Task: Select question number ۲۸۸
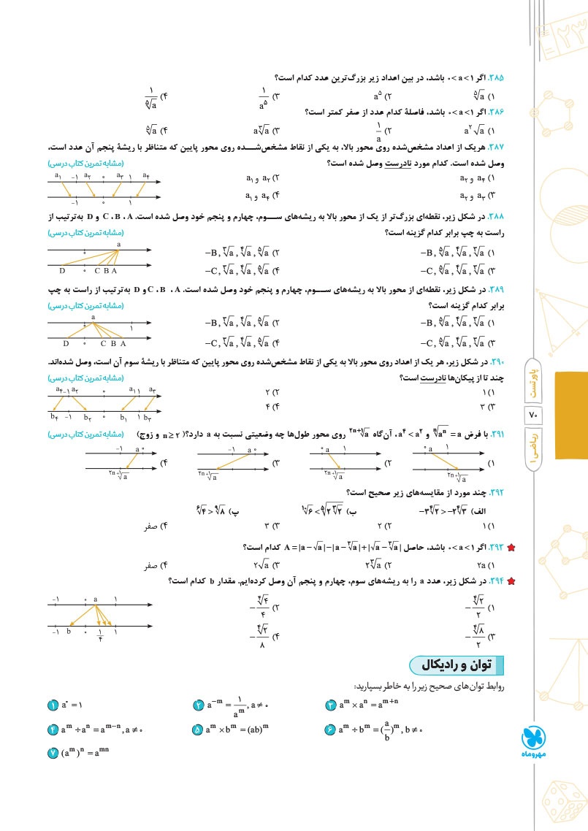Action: coord(506,218)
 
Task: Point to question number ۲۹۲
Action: coord(506,491)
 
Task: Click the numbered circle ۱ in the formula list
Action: coord(53,705)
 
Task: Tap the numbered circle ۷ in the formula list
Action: coord(53,752)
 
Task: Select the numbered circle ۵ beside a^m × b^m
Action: coord(198,729)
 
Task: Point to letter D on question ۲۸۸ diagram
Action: coord(63,270)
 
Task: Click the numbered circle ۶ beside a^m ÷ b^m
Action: coord(330,729)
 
